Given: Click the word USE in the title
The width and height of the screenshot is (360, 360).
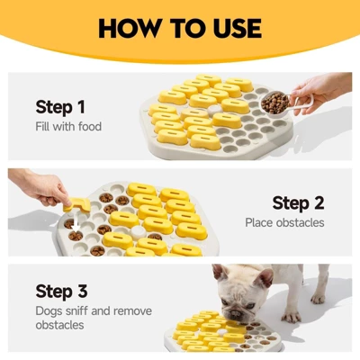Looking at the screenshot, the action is [x=237, y=28].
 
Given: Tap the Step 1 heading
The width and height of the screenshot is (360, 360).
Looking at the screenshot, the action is [x=60, y=107].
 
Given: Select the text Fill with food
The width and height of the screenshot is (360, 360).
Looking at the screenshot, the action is [x=68, y=126].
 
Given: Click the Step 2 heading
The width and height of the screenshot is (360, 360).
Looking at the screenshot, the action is [x=298, y=203].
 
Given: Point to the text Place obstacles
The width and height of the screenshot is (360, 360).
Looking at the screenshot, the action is [x=284, y=222].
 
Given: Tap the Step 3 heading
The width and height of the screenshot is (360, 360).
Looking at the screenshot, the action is [x=61, y=291].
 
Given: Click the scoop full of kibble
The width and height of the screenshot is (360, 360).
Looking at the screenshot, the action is [x=274, y=103].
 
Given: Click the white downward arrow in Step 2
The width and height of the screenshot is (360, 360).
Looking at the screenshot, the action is [x=76, y=221].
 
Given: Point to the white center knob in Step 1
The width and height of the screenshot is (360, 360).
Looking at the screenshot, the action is [x=213, y=110].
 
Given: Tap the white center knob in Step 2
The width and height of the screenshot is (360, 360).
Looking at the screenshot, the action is [x=139, y=232].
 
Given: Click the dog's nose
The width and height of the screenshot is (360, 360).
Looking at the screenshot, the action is [x=236, y=314].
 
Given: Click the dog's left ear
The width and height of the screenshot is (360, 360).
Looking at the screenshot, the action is [x=220, y=273].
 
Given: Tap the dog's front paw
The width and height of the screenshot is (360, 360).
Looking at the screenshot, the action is [x=292, y=317].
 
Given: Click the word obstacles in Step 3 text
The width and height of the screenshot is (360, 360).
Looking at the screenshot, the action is [x=59, y=325].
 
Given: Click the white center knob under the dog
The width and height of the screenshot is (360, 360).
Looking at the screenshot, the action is [x=222, y=332].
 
